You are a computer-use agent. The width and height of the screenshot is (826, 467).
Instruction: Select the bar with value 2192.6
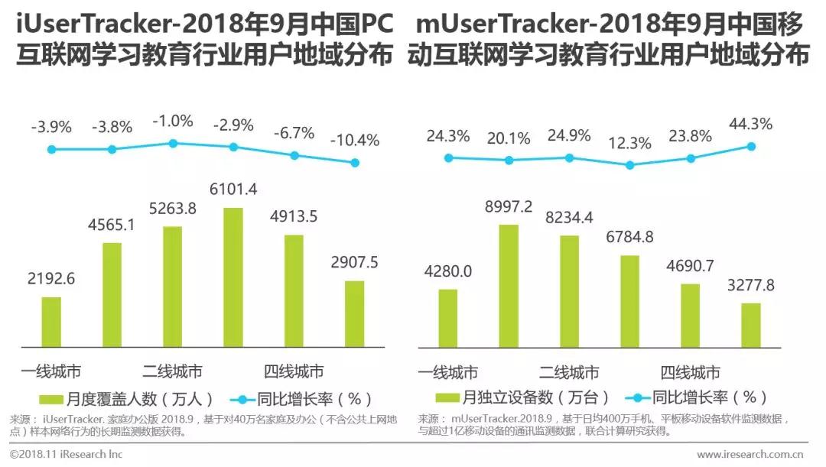pyautogui.click(x=51, y=321)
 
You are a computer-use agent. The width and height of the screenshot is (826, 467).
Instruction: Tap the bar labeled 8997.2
pyautogui.click(x=508, y=285)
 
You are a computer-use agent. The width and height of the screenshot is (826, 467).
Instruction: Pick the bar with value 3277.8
pyautogui.click(x=751, y=324)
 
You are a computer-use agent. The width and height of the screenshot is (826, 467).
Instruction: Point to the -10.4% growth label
pyautogui.click(x=355, y=141)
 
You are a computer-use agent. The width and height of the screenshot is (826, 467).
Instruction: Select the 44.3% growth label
pyautogui.click(x=751, y=123)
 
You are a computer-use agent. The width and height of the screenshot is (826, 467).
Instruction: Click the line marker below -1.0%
pyautogui.click(x=173, y=143)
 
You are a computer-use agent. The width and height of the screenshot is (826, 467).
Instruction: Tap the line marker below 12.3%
pyautogui.click(x=629, y=164)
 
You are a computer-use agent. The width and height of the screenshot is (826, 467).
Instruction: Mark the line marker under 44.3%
pyautogui.click(x=751, y=146)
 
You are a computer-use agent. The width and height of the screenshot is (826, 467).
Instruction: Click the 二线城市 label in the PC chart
pyautogui.click(x=172, y=372)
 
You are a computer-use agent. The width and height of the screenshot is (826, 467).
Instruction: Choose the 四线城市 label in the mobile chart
pyautogui.click(x=690, y=373)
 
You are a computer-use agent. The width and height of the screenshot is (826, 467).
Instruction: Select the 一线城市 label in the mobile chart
pyautogui.click(x=447, y=373)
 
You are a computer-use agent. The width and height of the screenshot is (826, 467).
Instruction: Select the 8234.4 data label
pyautogui.click(x=569, y=217)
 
